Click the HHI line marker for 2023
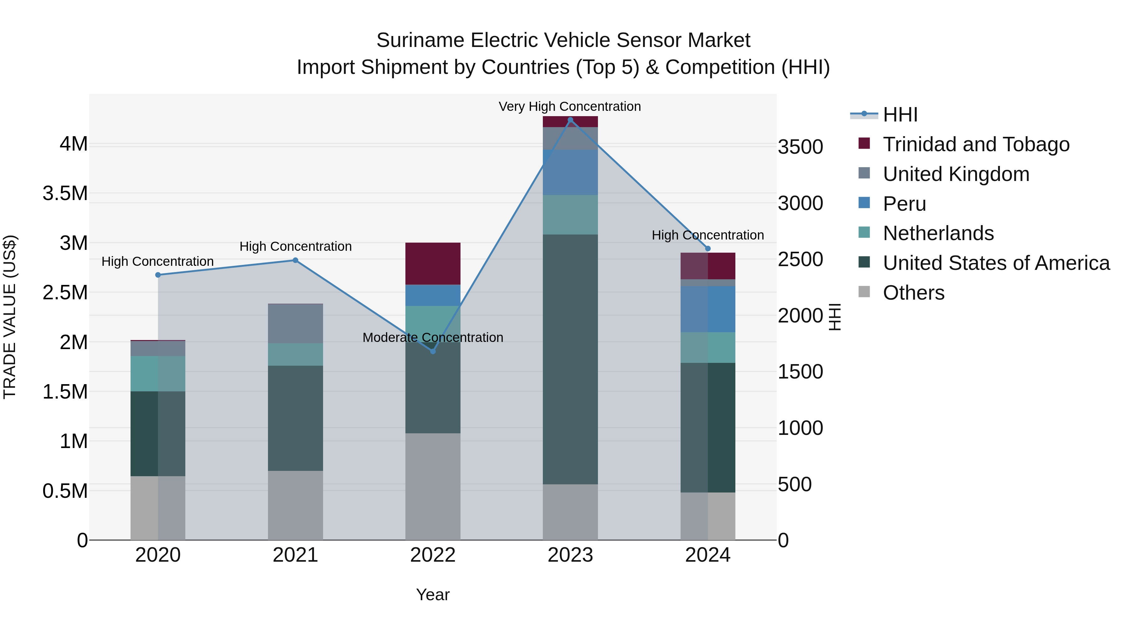pos(570,120)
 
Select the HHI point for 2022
pos(433,351)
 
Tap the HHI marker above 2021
pos(295,260)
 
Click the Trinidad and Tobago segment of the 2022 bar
pos(433,263)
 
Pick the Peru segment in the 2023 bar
pos(570,173)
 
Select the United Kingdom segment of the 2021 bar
pos(295,323)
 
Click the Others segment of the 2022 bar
pos(433,486)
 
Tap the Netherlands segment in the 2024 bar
pos(708,348)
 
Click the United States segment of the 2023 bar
pos(570,359)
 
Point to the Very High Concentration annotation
pos(570,106)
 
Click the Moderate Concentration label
pos(433,337)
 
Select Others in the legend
pos(913,293)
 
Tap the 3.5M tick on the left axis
pos(65,193)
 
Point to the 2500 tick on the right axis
pos(800,260)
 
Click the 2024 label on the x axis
pos(708,555)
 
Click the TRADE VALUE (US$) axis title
pos(10,317)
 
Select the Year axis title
pos(433,595)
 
